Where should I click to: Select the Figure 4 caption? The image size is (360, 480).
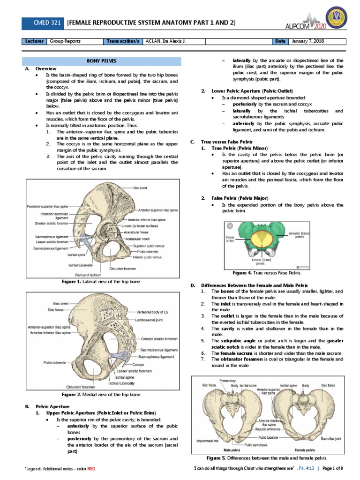click(267, 272)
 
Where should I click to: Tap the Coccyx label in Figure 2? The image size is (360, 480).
click(137, 364)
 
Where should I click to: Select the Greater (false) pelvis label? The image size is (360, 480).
click(299, 234)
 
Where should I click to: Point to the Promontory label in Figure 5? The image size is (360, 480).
click(227, 381)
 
